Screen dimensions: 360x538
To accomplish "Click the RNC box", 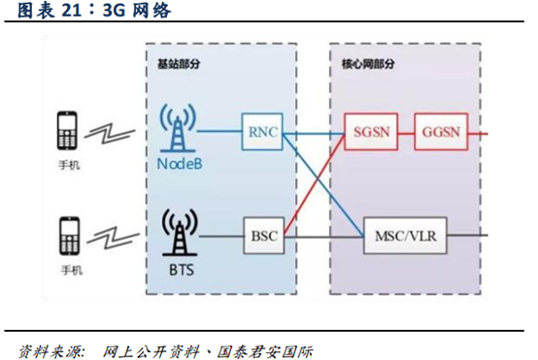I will (262, 130).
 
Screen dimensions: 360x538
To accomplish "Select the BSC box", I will (262, 234).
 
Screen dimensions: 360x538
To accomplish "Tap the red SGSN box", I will (369, 130).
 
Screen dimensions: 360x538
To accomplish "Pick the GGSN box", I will (443, 130).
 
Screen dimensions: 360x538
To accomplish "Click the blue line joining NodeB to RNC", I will (221, 130).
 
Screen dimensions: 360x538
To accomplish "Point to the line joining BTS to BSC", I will (221, 234).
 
